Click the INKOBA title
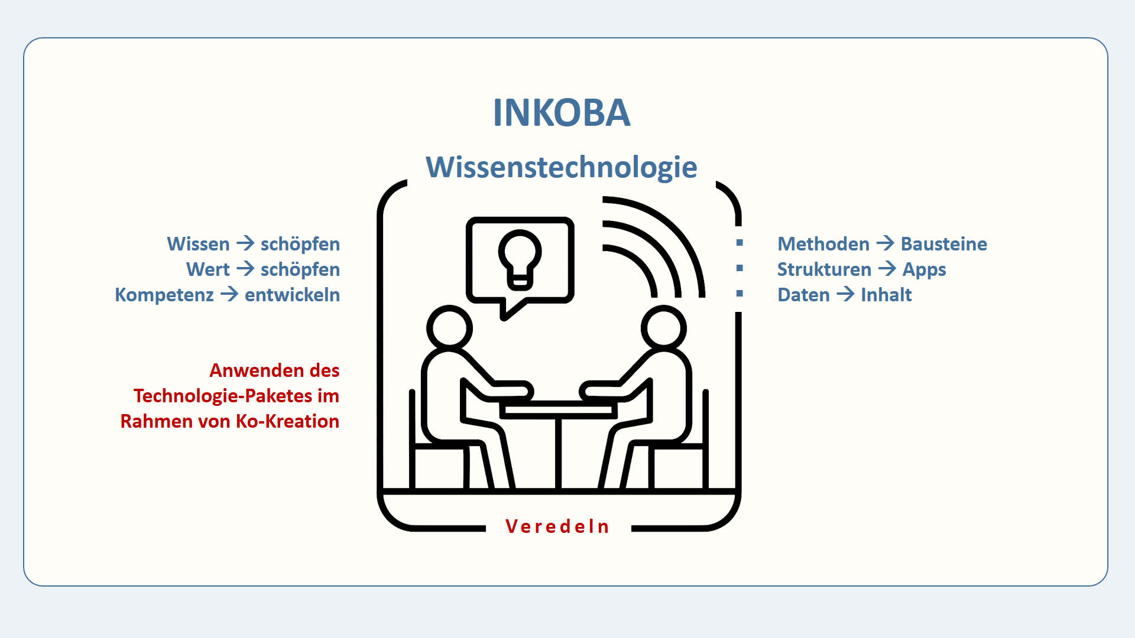point(562,112)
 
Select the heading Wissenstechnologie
point(562,167)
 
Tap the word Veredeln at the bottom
point(557,526)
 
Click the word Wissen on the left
point(198,244)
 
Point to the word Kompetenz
point(164,295)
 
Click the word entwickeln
point(292,295)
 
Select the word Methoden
point(823,244)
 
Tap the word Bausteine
point(943,244)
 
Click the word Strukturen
point(824,269)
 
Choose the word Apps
point(924,270)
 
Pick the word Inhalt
point(886,295)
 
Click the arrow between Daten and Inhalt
point(845,294)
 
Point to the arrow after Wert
point(245,269)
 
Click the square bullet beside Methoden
point(740,243)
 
